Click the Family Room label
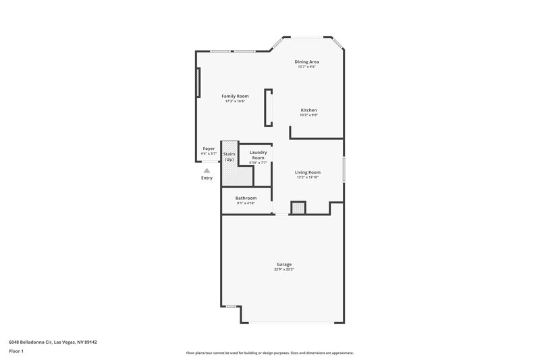point(235,96)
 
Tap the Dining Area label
point(307,61)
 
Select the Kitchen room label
point(308,110)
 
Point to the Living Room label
point(308,172)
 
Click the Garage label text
point(283,264)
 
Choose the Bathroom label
point(246,198)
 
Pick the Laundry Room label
point(259,155)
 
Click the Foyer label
point(209,149)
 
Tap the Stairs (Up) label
point(229,157)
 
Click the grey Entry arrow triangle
point(207,171)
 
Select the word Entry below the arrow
point(207,178)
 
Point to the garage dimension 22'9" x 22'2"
point(283,269)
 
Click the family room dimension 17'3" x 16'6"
point(235,101)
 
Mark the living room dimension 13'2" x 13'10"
point(308,178)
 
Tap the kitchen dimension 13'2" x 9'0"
point(308,115)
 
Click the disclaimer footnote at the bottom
point(270,353)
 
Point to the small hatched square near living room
point(298,209)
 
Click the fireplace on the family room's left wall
point(198,84)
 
